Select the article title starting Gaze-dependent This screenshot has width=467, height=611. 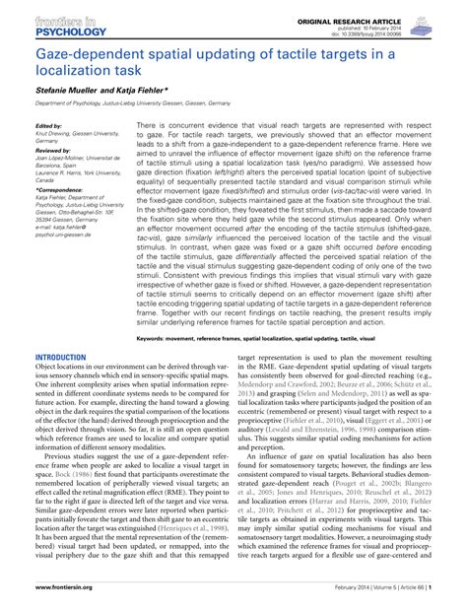tap(227, 63)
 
